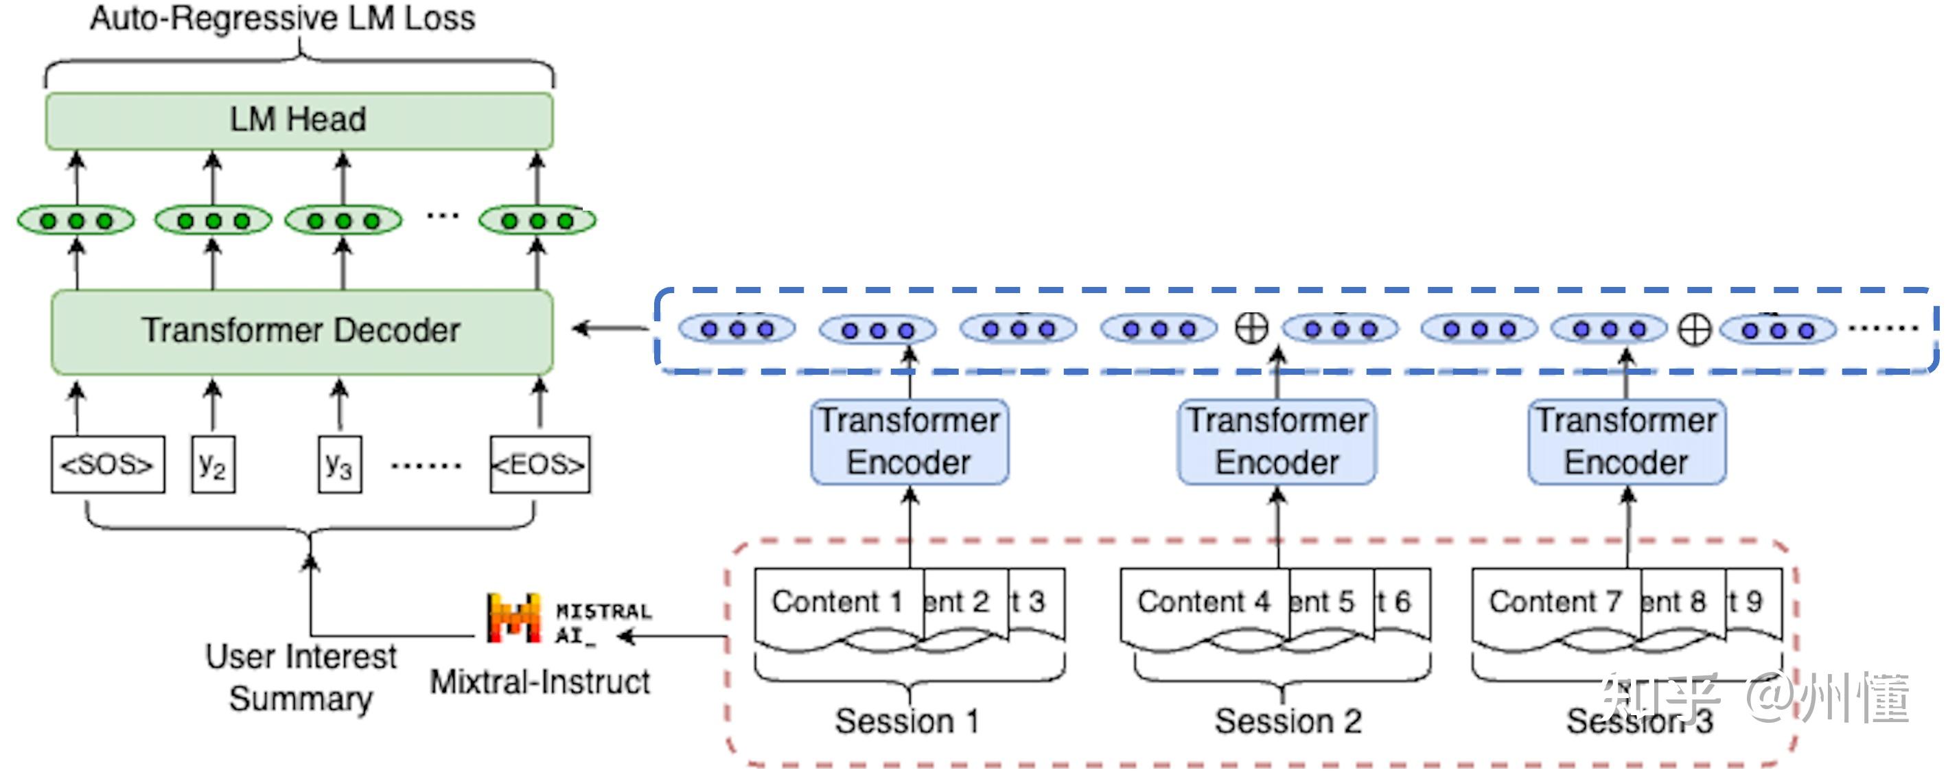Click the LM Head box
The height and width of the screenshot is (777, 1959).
click(299, 120)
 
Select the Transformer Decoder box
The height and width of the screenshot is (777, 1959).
click(301, 332)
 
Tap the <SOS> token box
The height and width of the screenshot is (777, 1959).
click(107, 464)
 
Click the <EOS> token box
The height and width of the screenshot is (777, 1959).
click(540, 464)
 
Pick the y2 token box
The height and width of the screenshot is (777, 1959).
click(212, 464)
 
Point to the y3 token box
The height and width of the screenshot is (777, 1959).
click(339, 464)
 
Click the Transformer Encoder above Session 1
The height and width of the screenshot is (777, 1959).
click(909, 442)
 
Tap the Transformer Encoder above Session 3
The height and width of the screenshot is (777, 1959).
click(1626, 442)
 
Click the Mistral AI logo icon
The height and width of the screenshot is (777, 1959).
click(513, 617)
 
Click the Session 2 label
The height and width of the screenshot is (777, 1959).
click(1288, 721)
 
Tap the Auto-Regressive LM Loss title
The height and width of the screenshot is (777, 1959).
click(282, 19)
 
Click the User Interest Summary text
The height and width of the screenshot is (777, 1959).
click(301, 677)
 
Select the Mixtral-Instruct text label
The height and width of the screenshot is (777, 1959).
click(540, 682)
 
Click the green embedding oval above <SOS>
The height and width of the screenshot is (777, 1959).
click(76, 220)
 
